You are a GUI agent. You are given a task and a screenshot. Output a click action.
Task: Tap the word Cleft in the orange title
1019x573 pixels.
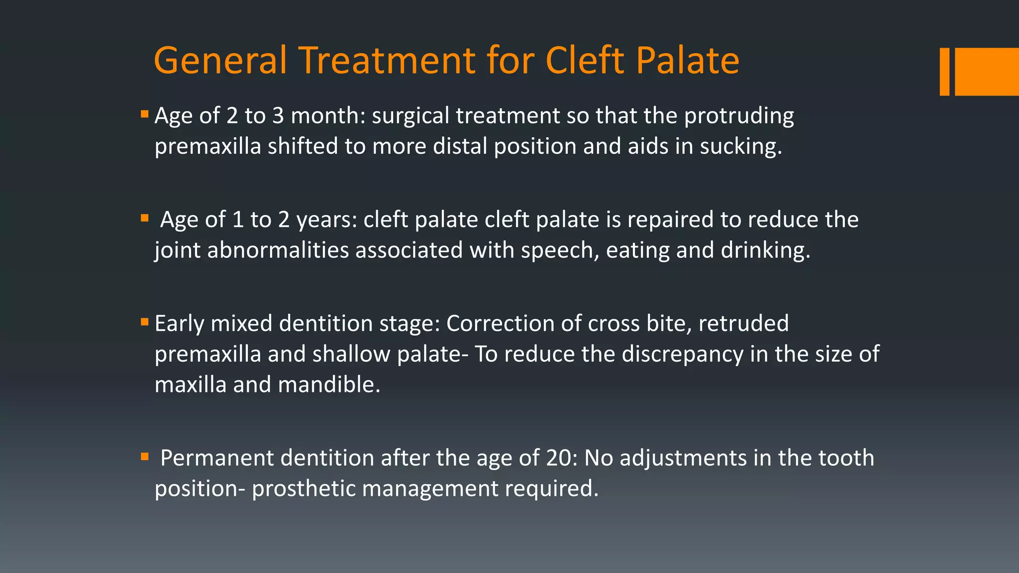(585, 61)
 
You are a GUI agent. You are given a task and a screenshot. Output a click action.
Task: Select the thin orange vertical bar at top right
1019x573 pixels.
(944, 72)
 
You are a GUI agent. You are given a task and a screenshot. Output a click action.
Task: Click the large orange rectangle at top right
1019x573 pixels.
(987, 72)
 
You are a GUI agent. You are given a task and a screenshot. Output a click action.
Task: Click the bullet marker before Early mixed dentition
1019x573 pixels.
(145, 322)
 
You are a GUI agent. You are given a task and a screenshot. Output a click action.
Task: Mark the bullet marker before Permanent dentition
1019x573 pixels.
(145, 456)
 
